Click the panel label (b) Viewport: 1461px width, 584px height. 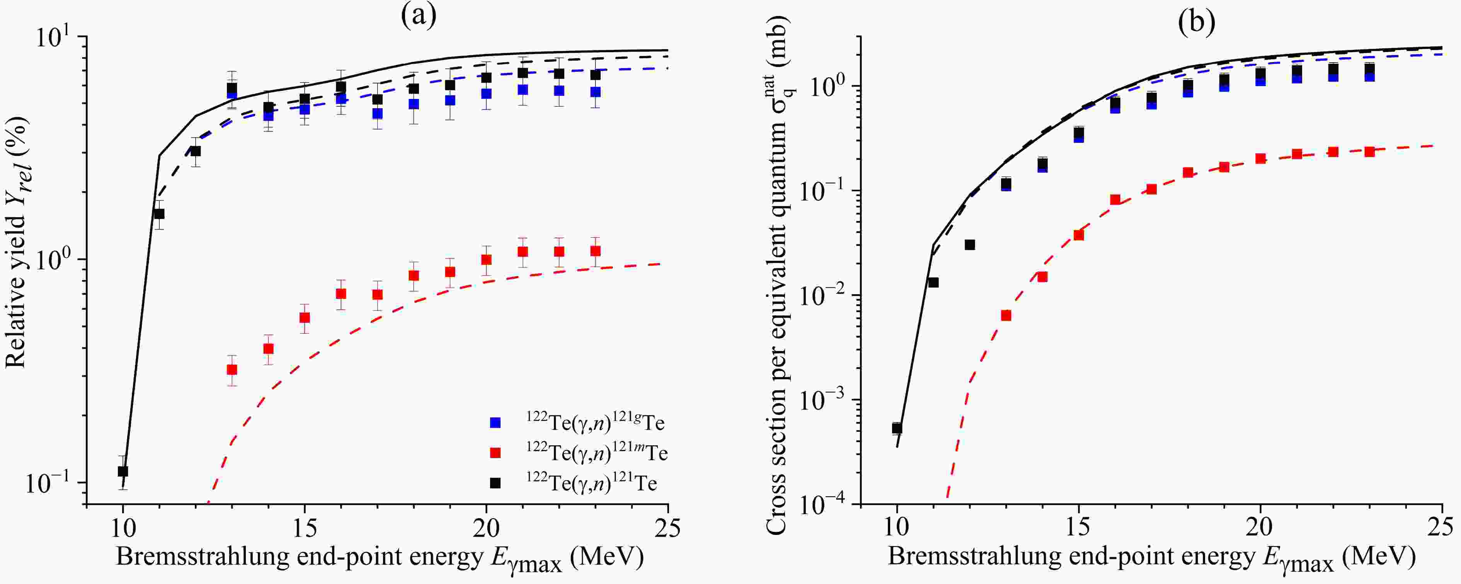1196,23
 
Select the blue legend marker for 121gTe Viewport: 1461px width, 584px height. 495,422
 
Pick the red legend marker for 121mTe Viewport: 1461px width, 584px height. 495,453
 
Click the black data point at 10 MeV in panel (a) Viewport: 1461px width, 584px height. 123,471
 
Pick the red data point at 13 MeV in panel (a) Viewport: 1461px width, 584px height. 232,369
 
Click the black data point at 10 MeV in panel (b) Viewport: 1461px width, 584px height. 897,428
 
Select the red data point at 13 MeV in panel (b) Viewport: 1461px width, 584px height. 1006,315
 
